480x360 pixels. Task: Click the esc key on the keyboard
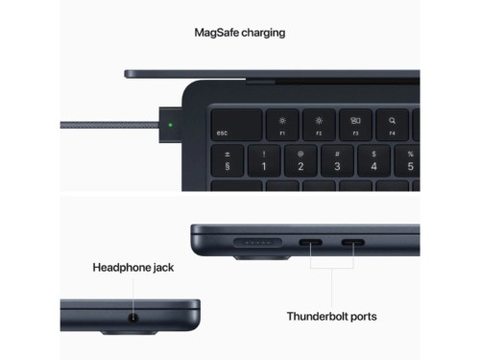coord(236,125)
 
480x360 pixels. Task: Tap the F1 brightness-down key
coord(282,125)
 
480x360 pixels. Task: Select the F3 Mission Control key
coord(355,125)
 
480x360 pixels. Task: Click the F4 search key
coord(392,125)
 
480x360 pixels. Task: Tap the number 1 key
coord(264,160)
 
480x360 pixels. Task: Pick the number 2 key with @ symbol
coord(300,160)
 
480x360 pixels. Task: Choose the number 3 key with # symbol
coord(337,160)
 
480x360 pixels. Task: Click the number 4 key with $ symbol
coord(373,160)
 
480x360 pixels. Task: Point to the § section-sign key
coord(228,160)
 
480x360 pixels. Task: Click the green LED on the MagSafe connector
coord(170,125)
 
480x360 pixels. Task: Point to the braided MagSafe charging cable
coord(109,125)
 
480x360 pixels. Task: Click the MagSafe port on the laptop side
coord(257,243)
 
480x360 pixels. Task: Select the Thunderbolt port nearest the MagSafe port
coord(310,243)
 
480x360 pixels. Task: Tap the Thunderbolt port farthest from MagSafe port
coord(353,243)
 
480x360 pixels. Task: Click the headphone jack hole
coord(133,319)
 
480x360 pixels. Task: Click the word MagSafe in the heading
coord(216,33)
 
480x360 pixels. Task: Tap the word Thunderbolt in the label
coord(317,316)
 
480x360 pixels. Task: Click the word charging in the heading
coord(263,34)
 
